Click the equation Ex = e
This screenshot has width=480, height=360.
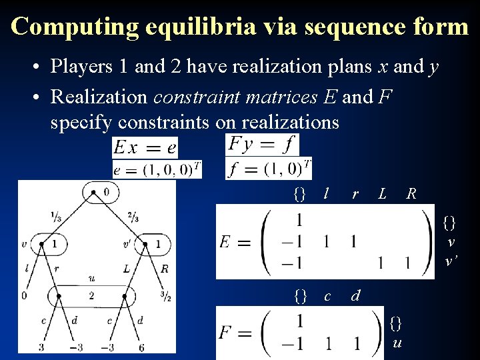click(145, 147)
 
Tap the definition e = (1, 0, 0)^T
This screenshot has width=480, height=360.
click(157, 169)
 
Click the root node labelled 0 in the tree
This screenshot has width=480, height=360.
click(100, 192)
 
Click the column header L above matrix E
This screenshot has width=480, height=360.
click(382, 194)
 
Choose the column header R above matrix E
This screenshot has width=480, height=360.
click(411, 194)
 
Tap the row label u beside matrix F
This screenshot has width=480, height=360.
click(396, 344)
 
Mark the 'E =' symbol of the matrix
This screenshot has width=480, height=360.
click(235, 242)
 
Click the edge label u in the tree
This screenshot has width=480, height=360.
click(91, 278)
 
